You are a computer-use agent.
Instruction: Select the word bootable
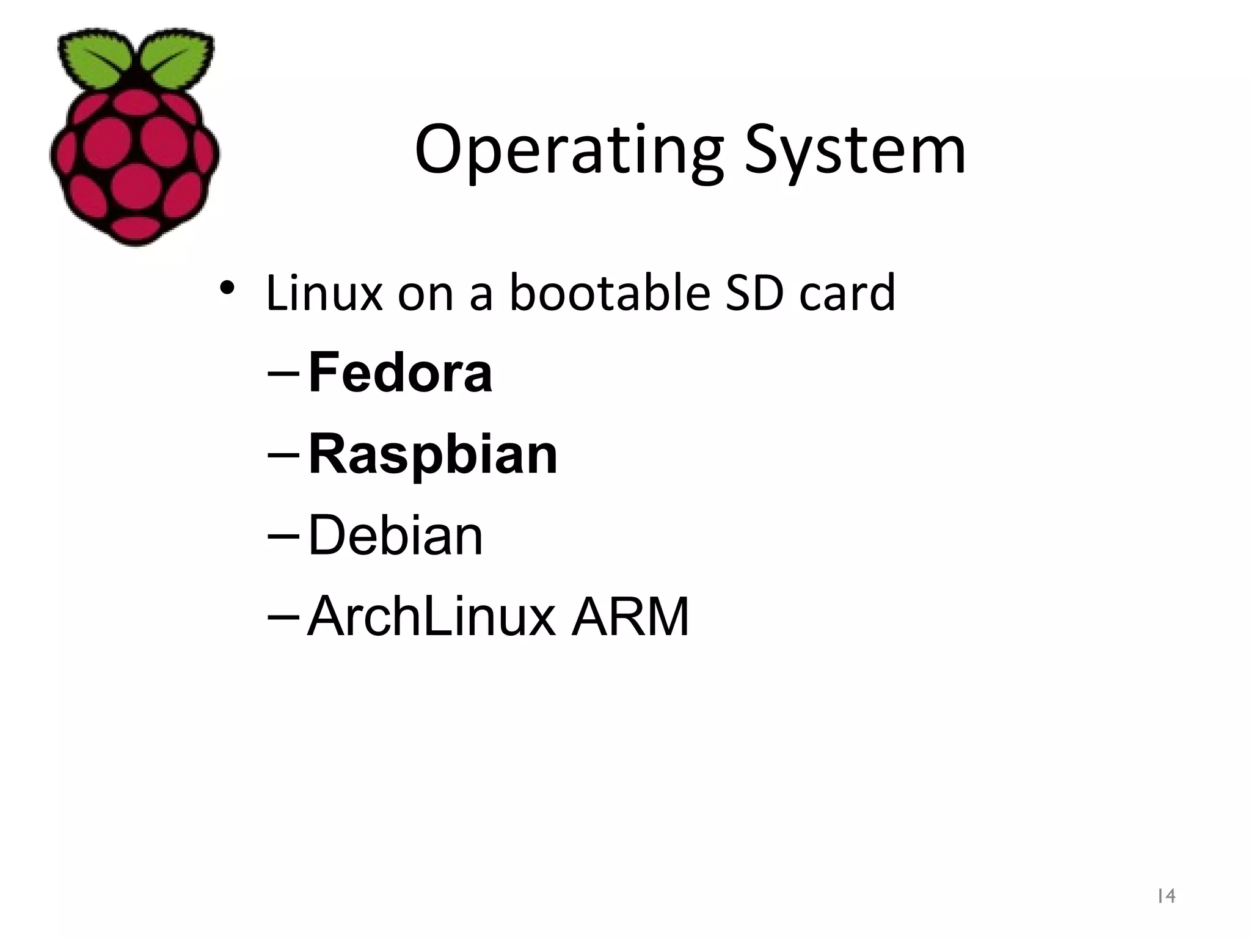click(x=610, y=293)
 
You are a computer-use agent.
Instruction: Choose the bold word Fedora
click(x=400, y=373)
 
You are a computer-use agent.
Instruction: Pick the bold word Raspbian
click(x=433, y=454)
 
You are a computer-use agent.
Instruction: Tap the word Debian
click(x=395, y=536)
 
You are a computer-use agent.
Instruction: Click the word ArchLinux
click(x=431, y=617)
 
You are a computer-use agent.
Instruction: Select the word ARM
click(x=630, y=617)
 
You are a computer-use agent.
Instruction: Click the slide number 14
click(x=1166, y=896)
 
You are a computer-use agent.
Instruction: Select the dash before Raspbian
click(x=283, y=456)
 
